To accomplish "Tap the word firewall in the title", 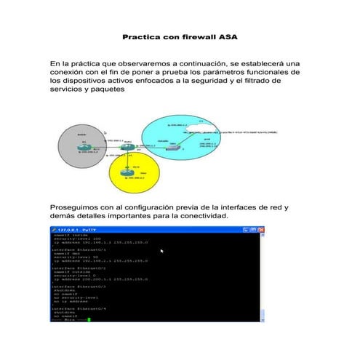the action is tap(193, 35).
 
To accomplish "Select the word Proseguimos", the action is tap(81, 207).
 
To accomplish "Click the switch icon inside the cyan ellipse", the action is tap(172, 148).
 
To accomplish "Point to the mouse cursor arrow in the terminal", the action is tap(161, 251).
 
